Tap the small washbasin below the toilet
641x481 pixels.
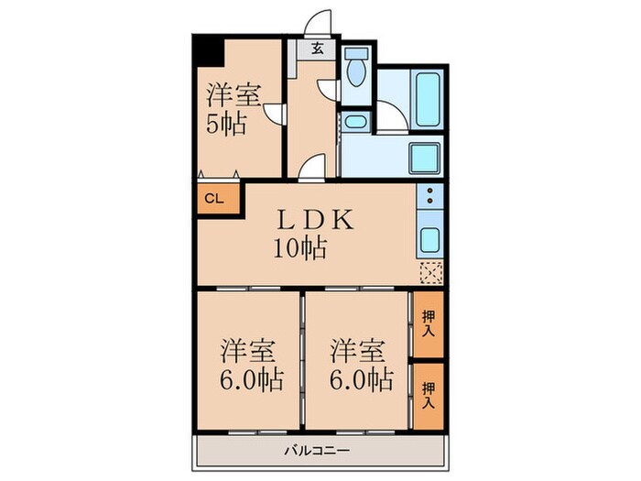tap(355, 122)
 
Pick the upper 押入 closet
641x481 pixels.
tap(428, 324)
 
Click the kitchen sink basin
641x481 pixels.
tap(429, 241)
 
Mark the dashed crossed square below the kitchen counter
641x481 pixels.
tap(430, 272)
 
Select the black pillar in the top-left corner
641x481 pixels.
tap(207, 49)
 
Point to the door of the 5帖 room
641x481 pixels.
tap(273, 112)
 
